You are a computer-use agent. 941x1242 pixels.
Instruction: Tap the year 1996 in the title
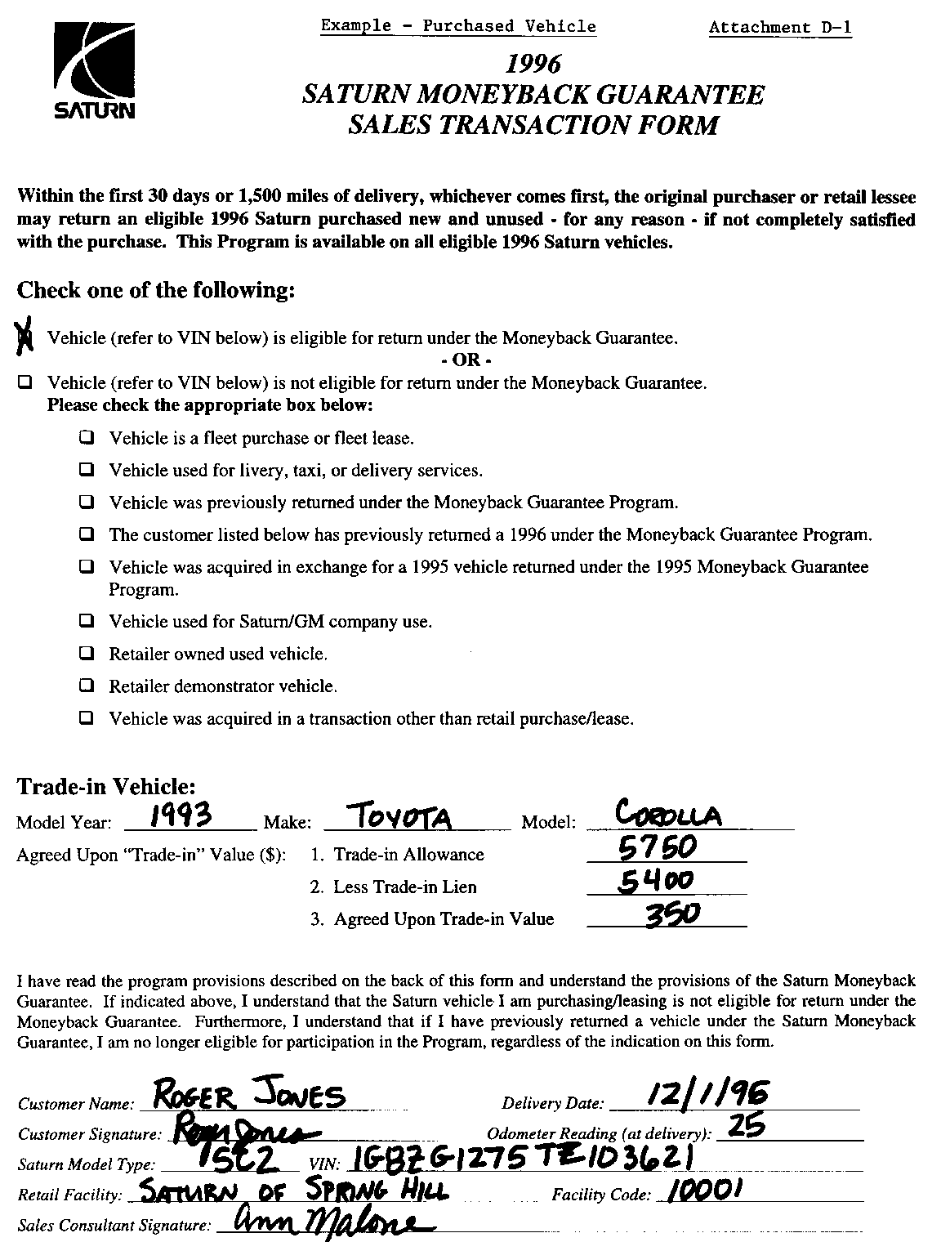click(533, 63)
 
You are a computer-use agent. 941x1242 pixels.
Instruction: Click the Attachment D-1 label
click(780, 28)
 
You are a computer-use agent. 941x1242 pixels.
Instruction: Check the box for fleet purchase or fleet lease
click(87, 438)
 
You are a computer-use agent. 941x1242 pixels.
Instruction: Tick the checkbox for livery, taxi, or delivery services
click(87, 471)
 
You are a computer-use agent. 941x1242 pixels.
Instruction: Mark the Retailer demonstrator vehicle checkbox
click(87, 686)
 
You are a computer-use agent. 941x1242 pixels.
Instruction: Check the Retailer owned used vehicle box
click(87, 654)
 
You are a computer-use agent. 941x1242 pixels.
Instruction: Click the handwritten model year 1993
click(184, 814)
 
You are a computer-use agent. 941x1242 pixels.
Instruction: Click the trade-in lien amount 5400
click(655, 881)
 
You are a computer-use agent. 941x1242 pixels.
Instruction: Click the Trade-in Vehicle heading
click(106, 786)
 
